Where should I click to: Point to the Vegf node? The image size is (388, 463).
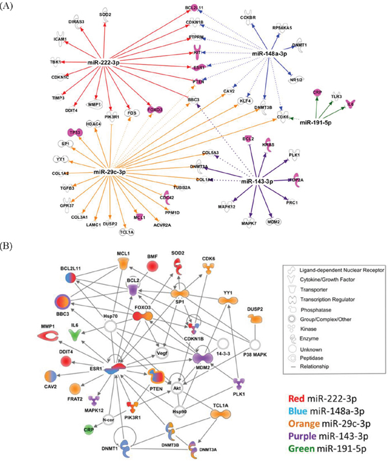163,354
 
